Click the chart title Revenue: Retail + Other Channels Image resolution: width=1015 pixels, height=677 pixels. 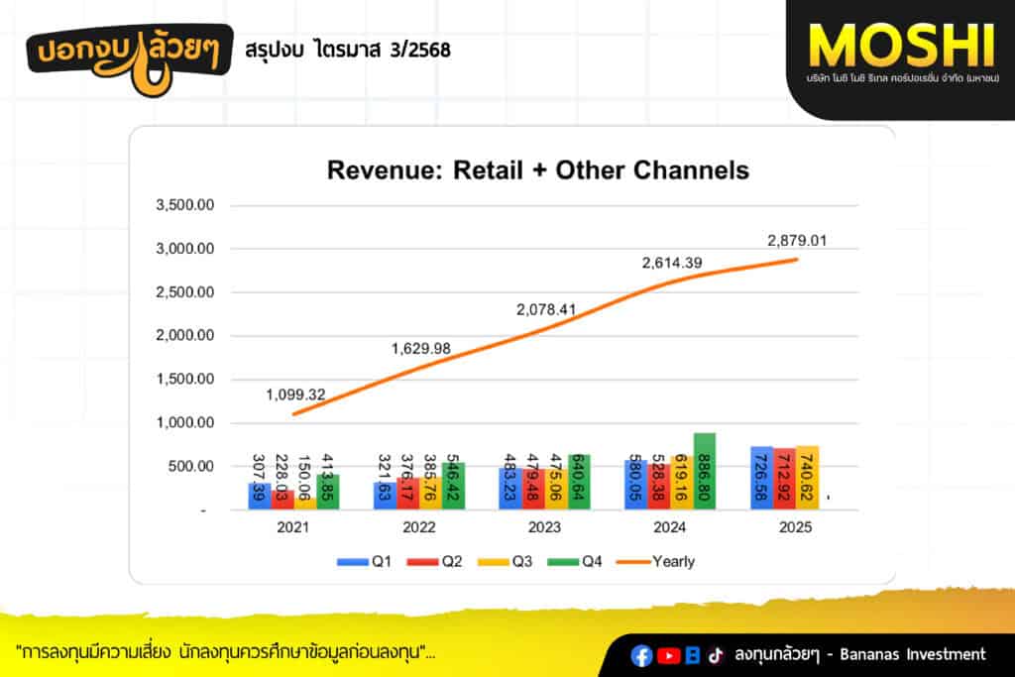pos(537,169)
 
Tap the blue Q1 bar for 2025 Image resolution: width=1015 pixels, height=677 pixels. pos(761,479)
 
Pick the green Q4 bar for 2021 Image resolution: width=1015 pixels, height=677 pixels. pos(328,493)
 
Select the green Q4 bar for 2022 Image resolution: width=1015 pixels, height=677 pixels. pos(453,487)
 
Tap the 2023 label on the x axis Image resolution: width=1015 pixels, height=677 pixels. pos(544,528)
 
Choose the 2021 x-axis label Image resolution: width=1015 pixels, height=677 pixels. pos(292,528)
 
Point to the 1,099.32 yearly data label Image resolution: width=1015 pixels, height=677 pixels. pos(295,395)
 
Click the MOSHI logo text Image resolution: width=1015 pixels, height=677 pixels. pos(900,44)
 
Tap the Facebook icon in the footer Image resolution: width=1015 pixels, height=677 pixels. pos(642,654)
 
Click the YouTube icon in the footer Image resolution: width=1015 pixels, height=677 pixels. pos(669,654)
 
